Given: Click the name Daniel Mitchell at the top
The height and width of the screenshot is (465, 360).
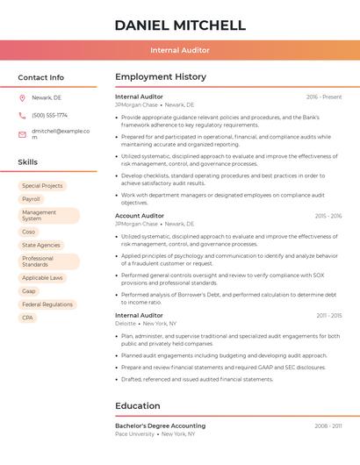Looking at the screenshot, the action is click(179, 25).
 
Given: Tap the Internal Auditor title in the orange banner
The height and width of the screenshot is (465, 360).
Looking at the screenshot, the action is click(179, 50).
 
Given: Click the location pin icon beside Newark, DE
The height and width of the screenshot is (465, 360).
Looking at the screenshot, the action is click(22, 97).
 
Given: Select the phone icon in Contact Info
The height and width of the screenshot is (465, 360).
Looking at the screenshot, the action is click(22, 115).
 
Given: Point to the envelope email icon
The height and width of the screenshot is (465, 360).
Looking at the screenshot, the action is click(22, 133).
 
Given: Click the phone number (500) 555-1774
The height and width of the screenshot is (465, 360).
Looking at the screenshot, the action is click(49, 115).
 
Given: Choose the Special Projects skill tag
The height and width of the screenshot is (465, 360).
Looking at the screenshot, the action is click(42, 186).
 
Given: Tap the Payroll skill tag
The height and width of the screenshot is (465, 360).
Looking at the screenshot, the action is click(32, 199).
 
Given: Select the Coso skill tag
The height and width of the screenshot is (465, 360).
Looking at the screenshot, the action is click(29, 232).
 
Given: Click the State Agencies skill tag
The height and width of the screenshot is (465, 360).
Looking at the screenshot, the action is click(41, 245).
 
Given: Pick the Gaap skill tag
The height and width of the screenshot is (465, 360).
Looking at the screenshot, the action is click(29, 291).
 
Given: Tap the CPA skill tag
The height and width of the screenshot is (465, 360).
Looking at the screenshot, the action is click(28, 318).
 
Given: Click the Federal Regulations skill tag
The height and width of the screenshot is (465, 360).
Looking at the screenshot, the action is click(47, 304).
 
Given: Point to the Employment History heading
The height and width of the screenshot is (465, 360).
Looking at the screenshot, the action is click(161, 77).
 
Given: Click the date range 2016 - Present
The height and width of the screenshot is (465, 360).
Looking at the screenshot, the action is click(324, 97).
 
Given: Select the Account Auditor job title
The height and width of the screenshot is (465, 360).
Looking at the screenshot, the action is click(140, 216).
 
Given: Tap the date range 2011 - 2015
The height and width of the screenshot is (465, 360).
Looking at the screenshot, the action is click(328, 315).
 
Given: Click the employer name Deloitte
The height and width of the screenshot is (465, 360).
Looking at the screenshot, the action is click(126, 323).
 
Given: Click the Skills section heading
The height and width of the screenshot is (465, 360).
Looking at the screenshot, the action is click(28, 162).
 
